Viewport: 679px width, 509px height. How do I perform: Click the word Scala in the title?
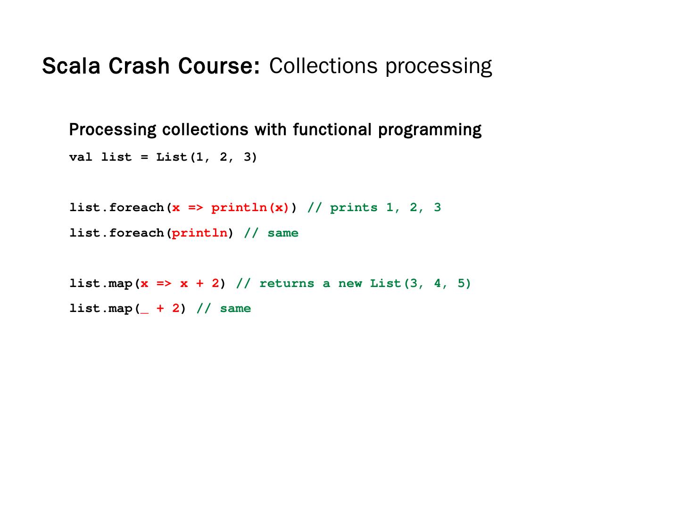point(71,66)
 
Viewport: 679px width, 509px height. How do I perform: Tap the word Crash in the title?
point(139,66)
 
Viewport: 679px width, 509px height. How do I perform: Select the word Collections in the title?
point(323,66)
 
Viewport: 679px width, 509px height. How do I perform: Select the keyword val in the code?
point(81,157)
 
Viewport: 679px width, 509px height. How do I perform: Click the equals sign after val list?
point(144,157)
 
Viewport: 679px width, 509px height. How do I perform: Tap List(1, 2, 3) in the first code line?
point(207,157)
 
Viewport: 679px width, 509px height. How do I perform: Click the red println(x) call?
point(250,208)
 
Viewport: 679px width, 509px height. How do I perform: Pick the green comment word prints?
point(354,208)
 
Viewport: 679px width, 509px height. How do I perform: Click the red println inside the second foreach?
point(199,233)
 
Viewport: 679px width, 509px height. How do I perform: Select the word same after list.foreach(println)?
point(283,233)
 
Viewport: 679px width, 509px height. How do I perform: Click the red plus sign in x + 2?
point(199,283)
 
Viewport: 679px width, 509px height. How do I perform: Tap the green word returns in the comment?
point(287,283)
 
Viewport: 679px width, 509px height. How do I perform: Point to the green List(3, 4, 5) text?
point(420,283)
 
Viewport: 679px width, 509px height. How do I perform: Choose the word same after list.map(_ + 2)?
point(235,309)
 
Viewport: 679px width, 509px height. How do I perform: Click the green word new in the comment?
point(350,283)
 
